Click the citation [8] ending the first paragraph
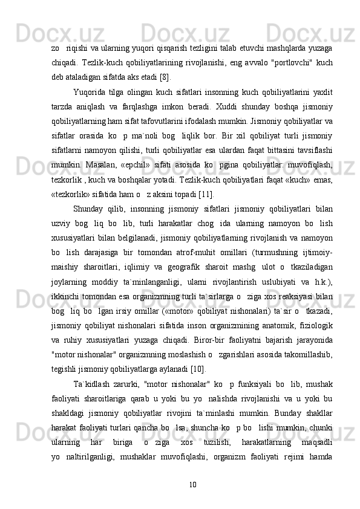164,77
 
